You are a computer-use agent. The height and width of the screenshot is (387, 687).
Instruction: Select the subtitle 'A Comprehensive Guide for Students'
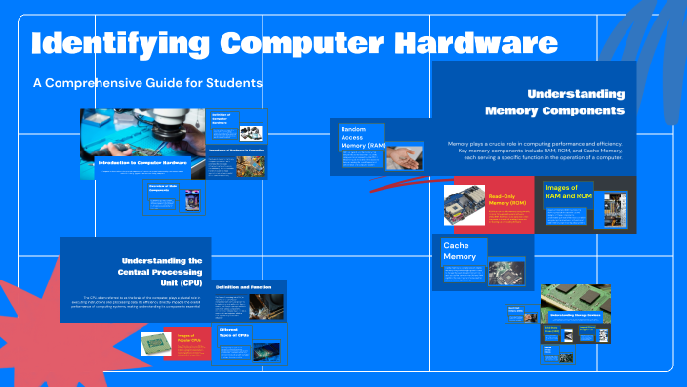(x=147, y=83)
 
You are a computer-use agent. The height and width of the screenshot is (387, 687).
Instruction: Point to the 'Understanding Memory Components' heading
(x=575, y=103)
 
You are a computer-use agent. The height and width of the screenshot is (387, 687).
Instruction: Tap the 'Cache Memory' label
(x=460, y=251)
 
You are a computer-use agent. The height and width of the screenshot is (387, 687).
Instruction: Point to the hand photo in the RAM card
(x=408, y=155)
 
